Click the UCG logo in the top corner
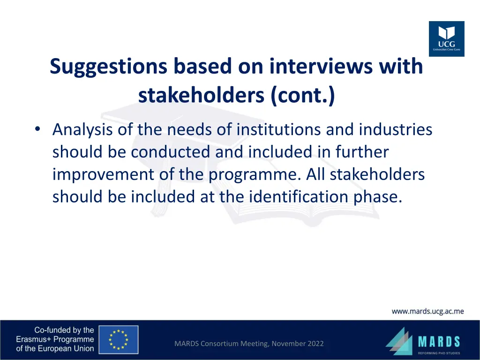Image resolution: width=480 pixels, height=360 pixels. tap(446, 39)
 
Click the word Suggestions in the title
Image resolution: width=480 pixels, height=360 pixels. tap(108, 67)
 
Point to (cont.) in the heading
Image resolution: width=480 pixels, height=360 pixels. tap(303, 96)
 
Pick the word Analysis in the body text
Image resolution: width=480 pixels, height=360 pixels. tap(82, 129)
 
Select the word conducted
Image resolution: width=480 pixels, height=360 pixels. tap(172, 152)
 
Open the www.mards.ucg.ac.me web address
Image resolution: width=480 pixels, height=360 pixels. tap(427, 311)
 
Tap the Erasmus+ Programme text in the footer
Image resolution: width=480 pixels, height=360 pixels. tap(55, 339)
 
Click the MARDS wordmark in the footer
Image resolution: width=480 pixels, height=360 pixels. tap(439, 341)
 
